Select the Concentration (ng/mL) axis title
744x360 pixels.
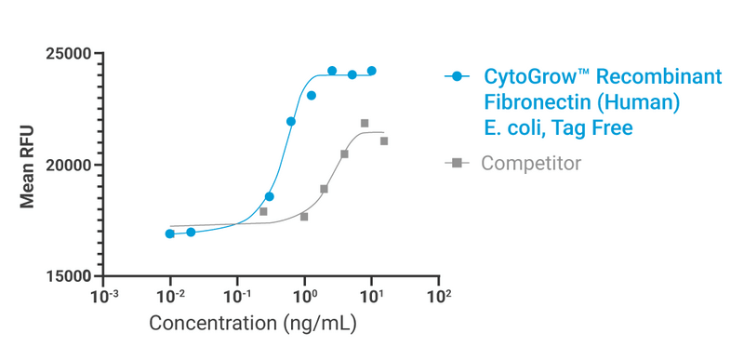[253, 325]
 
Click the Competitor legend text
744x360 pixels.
[531, 164]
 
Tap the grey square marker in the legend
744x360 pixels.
[457, 164]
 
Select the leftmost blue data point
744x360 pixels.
[170, 233]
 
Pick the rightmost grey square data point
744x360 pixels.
[384, 141]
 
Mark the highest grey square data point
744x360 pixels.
[365, 123]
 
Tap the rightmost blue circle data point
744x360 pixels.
[372, 71]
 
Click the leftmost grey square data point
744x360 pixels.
[263, 211]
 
